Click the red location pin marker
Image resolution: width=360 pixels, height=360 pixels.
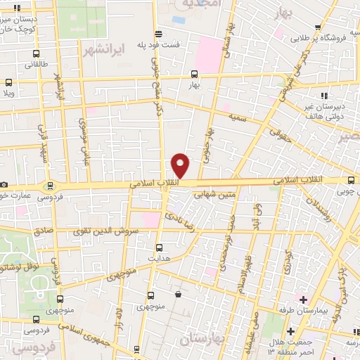[181, 165]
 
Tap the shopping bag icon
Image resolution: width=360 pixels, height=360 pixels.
[179, 294]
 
